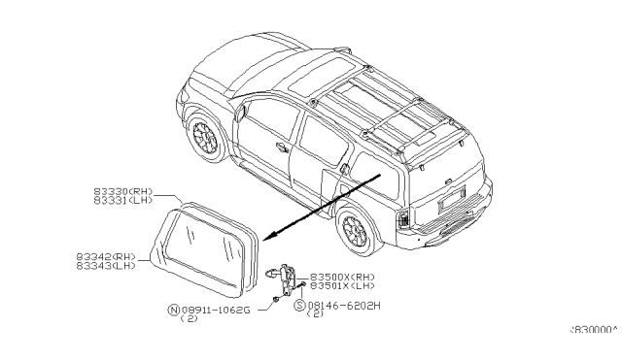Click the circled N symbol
tap(173, 311)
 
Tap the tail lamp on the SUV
tap(401, 219)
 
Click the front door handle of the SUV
tap(282, 148)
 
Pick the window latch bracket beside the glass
tap(288, 282)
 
